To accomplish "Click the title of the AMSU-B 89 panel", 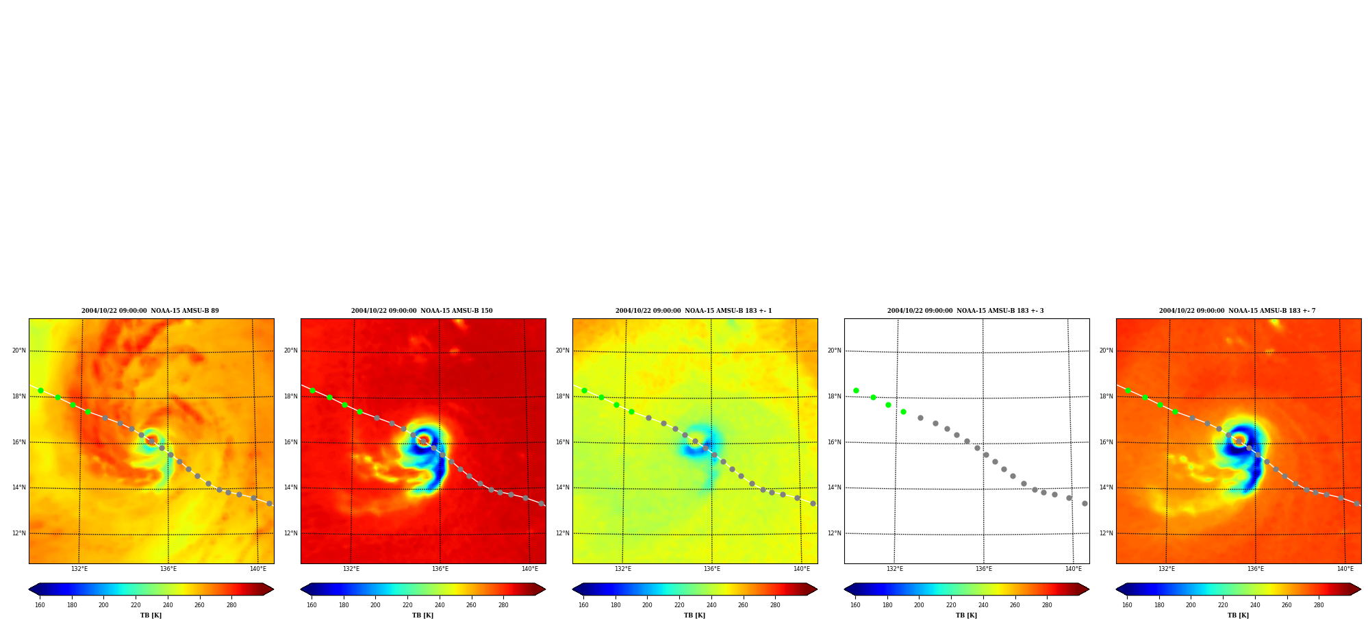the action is pyautogui.click(x=150, y=311).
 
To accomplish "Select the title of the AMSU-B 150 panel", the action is pyautogui.click(x=422, y=311).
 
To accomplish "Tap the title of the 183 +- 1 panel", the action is pyautogui.click(x=694, y=311).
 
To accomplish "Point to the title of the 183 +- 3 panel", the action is pyautogui.click(x=965, y=311).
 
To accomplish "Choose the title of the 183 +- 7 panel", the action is pyautogui.click(x=1237, y=311).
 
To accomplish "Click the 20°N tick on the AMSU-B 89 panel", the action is pyautogui.click(x=19, y=350).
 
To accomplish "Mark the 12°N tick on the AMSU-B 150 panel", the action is pyautogui.click(x=291, y=533).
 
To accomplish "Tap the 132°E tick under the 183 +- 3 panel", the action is pyautogui.click(x=894, y=569).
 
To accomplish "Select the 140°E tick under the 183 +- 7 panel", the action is pyautogui.click(x=1345, y=569).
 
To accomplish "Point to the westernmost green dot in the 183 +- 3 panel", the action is pyautogui.click(x=856, y=390).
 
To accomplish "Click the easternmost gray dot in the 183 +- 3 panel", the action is pyautogui.click(x=1085, y=503).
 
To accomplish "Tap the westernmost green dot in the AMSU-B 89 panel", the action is pyautogui.click(x=40, y=390).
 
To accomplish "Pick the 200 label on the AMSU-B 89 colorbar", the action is pyautogui.click(x=103, y=605).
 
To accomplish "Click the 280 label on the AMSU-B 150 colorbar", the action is pyautogui.click(x=503, y=605).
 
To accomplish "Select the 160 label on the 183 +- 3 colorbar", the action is pyautogui.click(x=855, y=605).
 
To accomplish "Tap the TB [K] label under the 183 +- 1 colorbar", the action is pyautogui.click(x=694, y=615).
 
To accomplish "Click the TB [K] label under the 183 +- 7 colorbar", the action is pyautogui.click(x=1238, y=615).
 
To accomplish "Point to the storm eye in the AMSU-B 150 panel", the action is pyautogui.click(x=424, y=440).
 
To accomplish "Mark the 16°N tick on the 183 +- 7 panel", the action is pyautogui.click(x=1106, y=442).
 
